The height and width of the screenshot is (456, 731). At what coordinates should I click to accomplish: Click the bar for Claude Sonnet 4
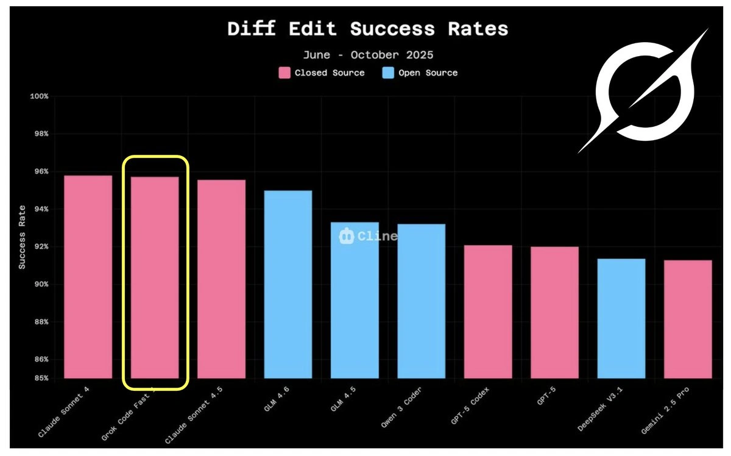click(88, 277)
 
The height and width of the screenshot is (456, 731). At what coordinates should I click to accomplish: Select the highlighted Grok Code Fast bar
click(155, 277)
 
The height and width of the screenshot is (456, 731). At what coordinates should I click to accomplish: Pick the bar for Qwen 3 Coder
click(421, 301)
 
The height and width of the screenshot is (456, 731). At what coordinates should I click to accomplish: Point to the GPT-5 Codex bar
click(488, 312)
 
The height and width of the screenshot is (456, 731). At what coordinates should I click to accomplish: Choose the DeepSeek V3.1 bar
click(621, 318)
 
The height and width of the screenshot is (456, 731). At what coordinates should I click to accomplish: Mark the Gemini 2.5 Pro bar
click(688, 319)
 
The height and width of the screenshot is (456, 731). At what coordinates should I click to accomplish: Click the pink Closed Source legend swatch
click(284, 73)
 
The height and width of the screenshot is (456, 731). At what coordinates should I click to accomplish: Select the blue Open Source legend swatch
click(388, 73)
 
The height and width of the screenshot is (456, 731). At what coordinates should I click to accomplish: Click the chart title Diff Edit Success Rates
click(367, 29)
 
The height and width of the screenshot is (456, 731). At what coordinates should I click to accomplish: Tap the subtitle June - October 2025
click(368, 55)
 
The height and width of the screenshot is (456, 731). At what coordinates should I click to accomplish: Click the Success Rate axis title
click(22, 238)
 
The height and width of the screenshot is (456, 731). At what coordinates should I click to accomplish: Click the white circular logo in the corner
click(644, 91)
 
